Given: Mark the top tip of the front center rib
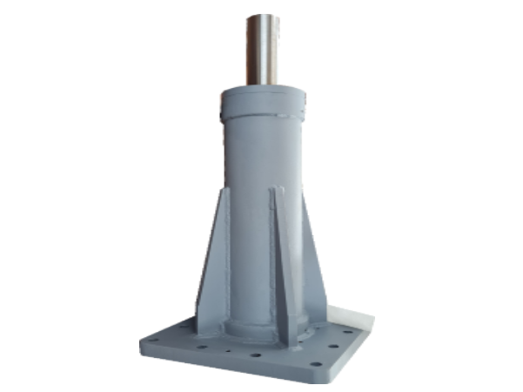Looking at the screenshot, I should click(277, 188).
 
